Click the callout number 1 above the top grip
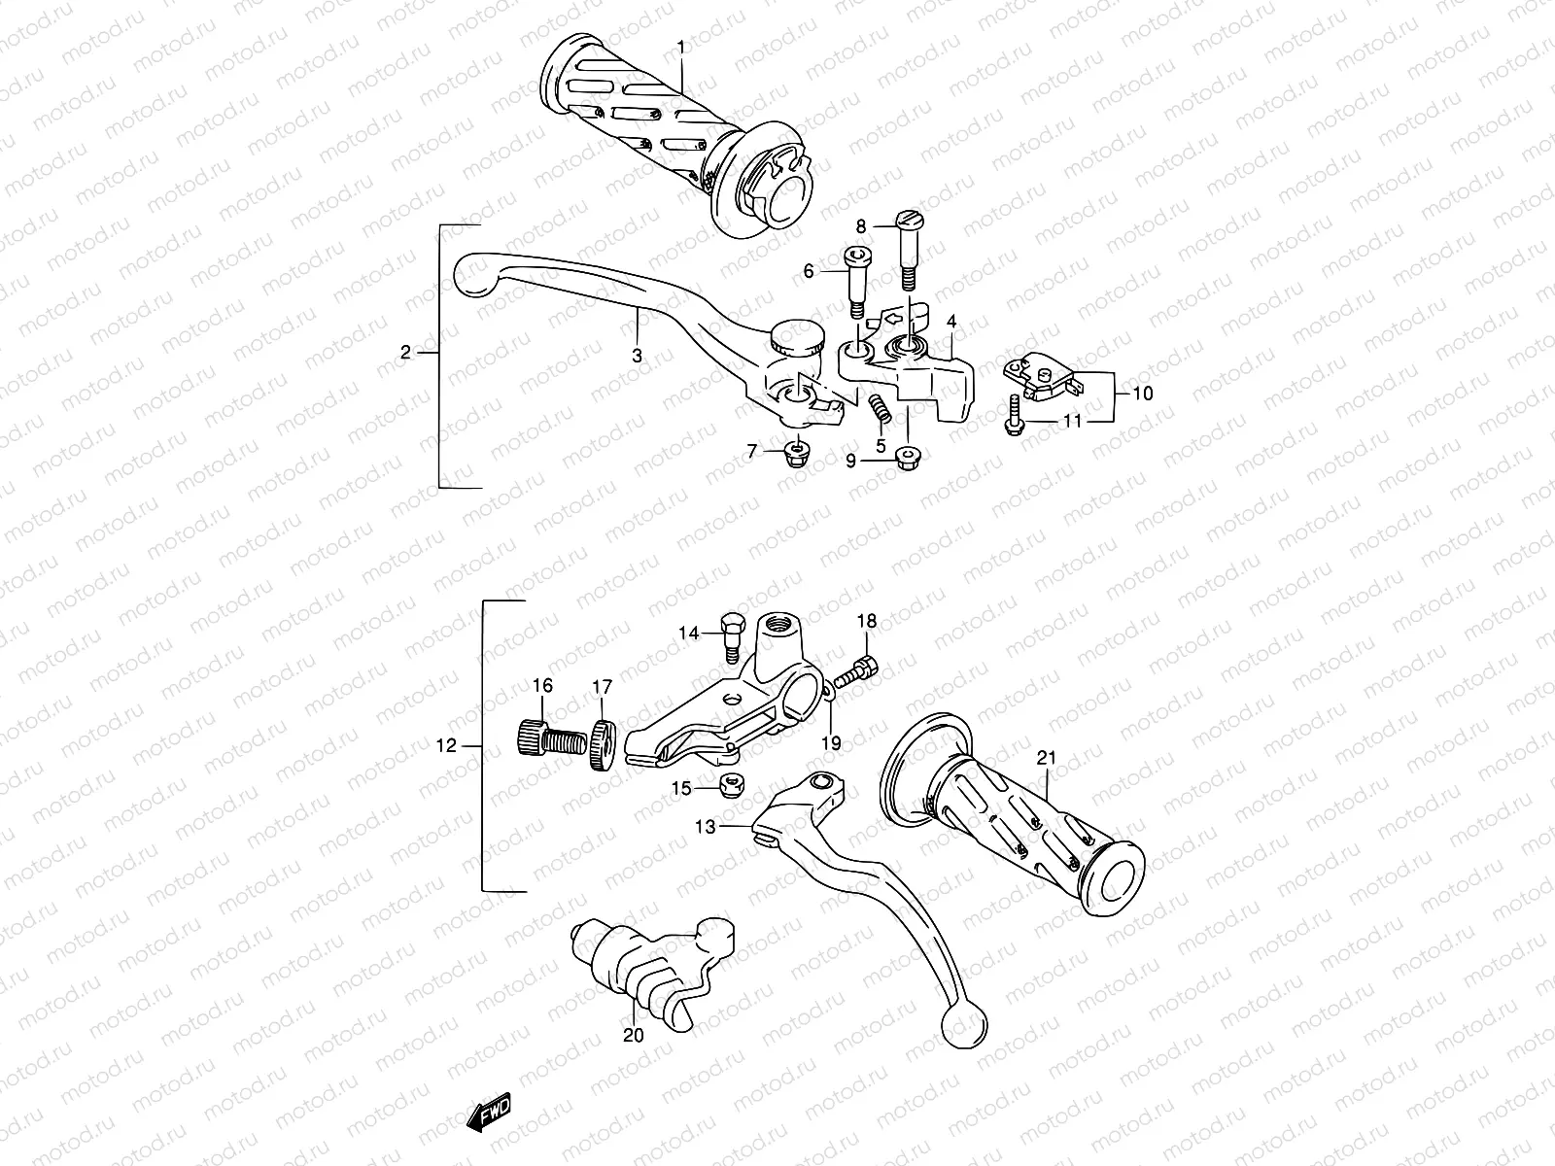(x=681, y=47)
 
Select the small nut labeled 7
(x=797, y=453)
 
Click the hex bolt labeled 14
(x=732, y=634)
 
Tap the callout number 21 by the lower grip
(x=1046, y=758)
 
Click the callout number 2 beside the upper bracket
(x=406, y=352)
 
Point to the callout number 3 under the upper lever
(x=637, y=356)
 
